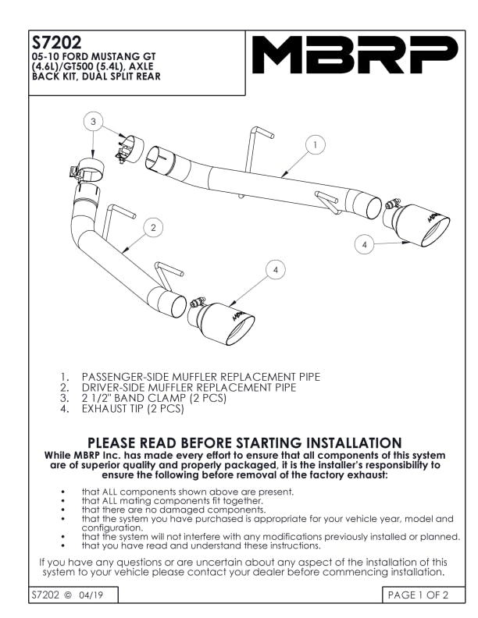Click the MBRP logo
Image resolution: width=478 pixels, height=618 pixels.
(x=355, y=55)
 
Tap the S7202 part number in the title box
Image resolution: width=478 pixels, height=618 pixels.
(x=56, y=42)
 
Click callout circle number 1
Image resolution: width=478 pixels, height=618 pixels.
(x=315, y=145)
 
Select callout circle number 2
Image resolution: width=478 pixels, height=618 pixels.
(x=153, y=227)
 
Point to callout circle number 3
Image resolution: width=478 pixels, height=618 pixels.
(x=93, y=121)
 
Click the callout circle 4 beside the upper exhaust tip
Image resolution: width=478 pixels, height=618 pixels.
(x=365, y=245)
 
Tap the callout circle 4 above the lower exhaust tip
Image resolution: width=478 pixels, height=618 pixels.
(x=275, y=270)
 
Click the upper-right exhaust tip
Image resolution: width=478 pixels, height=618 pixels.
(x=416, y=224)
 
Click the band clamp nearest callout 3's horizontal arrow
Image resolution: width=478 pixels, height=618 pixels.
(x=130, y=150)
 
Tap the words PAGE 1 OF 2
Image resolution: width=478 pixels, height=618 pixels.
(x=418, y=595)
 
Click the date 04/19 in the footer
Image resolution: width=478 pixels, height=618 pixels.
(x=91, y=595)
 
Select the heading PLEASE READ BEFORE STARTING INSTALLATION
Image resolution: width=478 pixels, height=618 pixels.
(x=244, y=442)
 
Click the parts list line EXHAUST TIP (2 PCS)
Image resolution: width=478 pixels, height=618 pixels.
(x=133, y=409)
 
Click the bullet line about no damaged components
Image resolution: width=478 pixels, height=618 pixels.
(x=173, y=510)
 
